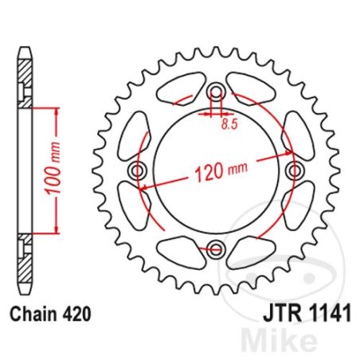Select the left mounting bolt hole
pos(139,171)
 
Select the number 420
pos(75,314)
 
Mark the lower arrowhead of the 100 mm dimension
pos(57,232)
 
